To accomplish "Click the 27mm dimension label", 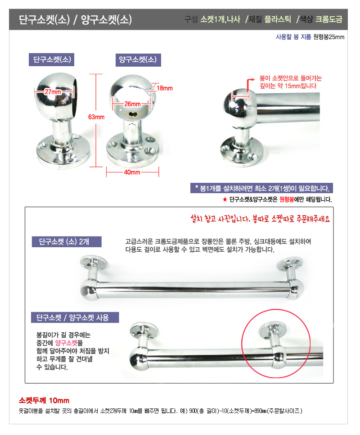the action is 53,92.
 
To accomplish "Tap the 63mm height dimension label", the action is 96,117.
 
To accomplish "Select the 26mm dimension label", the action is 132,104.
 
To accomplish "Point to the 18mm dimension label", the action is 165,88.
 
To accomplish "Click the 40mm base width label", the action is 132,172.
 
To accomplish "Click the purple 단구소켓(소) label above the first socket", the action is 52,59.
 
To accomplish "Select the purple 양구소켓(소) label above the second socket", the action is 138,60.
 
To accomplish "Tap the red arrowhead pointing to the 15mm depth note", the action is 253,79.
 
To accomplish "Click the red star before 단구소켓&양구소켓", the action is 225,199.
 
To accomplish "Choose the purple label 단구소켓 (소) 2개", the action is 67,242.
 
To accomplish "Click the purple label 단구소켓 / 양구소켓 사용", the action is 75,317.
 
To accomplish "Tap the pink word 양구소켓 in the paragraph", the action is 67,343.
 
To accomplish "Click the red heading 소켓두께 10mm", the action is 44,400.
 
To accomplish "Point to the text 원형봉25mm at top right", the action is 328,37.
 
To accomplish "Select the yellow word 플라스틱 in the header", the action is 278,19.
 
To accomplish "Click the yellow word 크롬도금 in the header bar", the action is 329,19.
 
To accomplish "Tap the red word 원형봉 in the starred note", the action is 287,199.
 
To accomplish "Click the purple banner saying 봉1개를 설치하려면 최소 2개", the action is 261,188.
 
